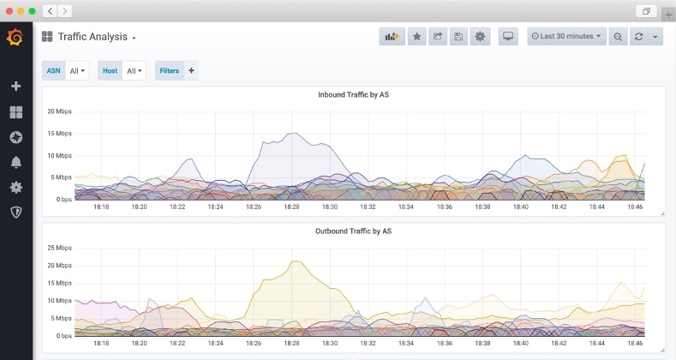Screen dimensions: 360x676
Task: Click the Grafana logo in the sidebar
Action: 15,38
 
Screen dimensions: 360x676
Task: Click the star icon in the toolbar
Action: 416,37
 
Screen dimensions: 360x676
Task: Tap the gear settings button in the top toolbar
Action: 480,37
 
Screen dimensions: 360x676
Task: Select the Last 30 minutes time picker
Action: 566,37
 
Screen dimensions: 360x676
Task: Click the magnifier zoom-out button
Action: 618,37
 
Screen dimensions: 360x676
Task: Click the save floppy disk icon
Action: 458,37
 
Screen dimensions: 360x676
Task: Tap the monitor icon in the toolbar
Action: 508,37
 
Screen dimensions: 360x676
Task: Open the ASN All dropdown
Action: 77,71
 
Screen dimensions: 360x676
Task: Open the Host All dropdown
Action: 135,71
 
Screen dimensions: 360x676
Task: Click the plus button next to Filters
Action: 190,71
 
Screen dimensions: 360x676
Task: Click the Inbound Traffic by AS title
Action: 354,94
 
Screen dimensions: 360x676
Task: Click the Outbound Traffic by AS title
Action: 353,231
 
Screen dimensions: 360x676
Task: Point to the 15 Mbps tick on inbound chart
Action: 59,134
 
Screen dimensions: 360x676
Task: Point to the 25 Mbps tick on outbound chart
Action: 59,248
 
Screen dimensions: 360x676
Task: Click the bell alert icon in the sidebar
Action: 15,162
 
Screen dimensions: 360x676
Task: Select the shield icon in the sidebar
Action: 15,212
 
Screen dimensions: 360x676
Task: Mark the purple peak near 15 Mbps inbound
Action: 292,133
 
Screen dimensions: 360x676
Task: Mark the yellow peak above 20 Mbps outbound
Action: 293,261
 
